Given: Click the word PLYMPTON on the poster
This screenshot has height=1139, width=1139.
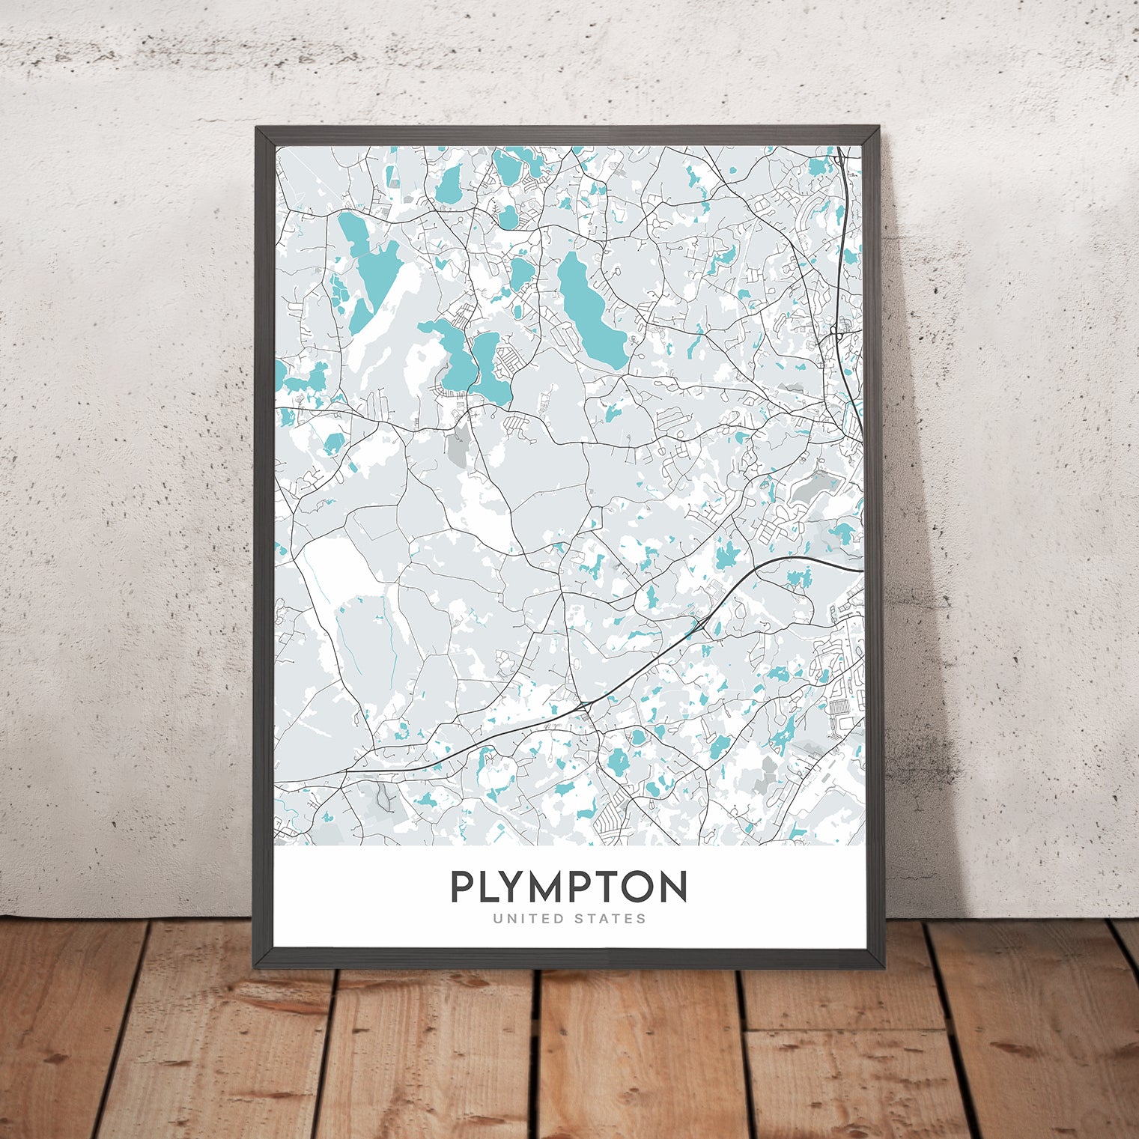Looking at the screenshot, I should tap(568, 887).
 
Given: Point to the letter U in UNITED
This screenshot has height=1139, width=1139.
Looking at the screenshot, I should tap(496, 918).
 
